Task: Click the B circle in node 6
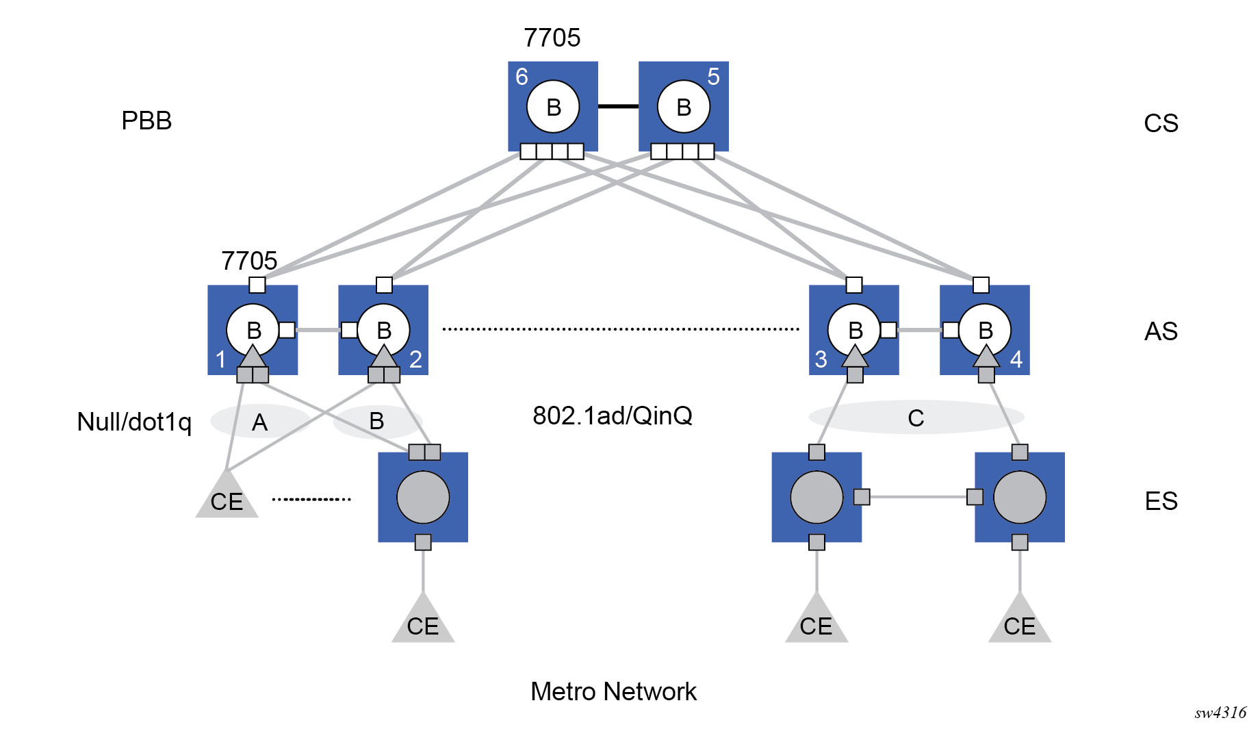pos(553,107)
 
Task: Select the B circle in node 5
pos(683,107)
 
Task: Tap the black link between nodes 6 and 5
pos(618,106)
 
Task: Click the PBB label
pos(146,121)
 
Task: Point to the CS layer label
pos(1161,124)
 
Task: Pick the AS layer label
pos(1161,332)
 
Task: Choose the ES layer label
pos(1161,502)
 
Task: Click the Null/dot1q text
pos(134,422)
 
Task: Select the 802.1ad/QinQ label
pos(613,415)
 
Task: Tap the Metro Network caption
pos(613,692)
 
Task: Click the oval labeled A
pos(259,422)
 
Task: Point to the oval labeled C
pos(916,418)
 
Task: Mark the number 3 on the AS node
pos(821,359)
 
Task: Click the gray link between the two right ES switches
pos(918,497)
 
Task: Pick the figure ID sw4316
pos(1220,713)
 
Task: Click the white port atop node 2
pos(384,285)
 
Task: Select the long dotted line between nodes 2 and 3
pos(620,329)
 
